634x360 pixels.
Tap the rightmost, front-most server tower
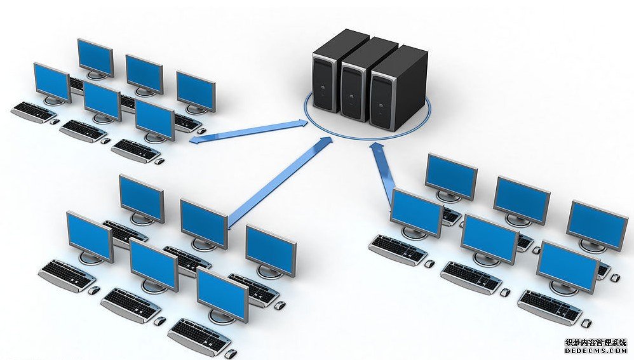tap(398, 89)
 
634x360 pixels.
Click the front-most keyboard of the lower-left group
tap(199, 335)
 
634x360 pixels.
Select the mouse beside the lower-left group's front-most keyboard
tap(231, 354)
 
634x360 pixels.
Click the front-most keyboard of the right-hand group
tap(550, 307)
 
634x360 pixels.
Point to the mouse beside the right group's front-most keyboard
tap(586, 323)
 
